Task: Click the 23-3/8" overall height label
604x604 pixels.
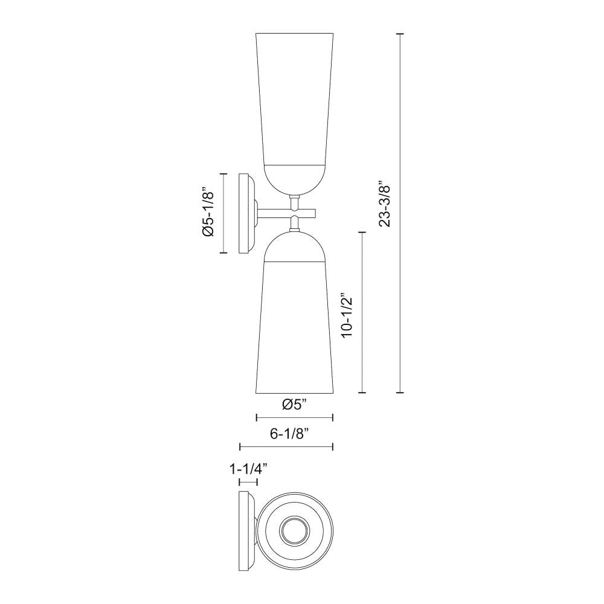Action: click(x=385, y=204)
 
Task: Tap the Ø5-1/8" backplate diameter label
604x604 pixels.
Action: click(x=208, y=213)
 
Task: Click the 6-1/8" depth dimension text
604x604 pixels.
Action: click(x=287, y=434)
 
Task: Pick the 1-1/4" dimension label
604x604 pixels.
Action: click(x=248, y=468)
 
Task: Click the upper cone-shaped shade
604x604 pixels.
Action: click(x=295, y=97)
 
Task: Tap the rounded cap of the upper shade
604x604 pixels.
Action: click(x=295, y=178)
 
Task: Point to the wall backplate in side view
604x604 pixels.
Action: click(x=246, y=213)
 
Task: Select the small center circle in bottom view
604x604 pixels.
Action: click(x=295, y=532)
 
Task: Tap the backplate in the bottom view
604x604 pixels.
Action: click(x=245, y=532)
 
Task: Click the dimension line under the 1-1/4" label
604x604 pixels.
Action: click(x=248, y=481)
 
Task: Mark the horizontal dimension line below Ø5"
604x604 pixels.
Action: click(x=295, y=417)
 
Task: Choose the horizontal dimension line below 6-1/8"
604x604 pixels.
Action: click(x=287, y=447)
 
